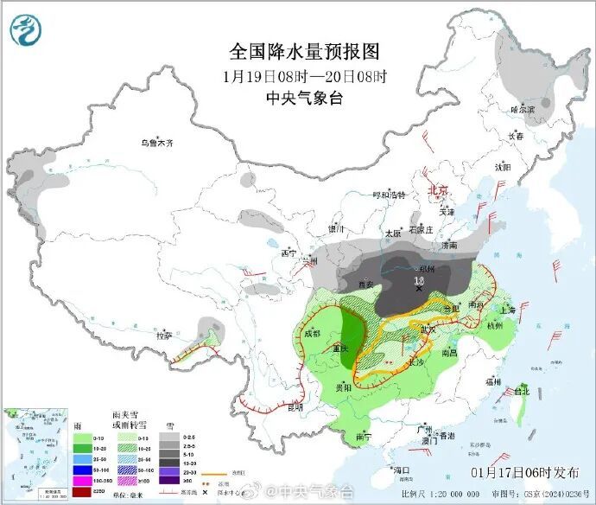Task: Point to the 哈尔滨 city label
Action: click(523, 110)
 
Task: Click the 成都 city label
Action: click(312, 332)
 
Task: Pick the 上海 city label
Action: click(507, 310)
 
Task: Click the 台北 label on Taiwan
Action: click(521, 391)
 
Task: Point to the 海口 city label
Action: click(401, 470)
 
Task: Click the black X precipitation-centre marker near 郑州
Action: click(419, 289)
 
